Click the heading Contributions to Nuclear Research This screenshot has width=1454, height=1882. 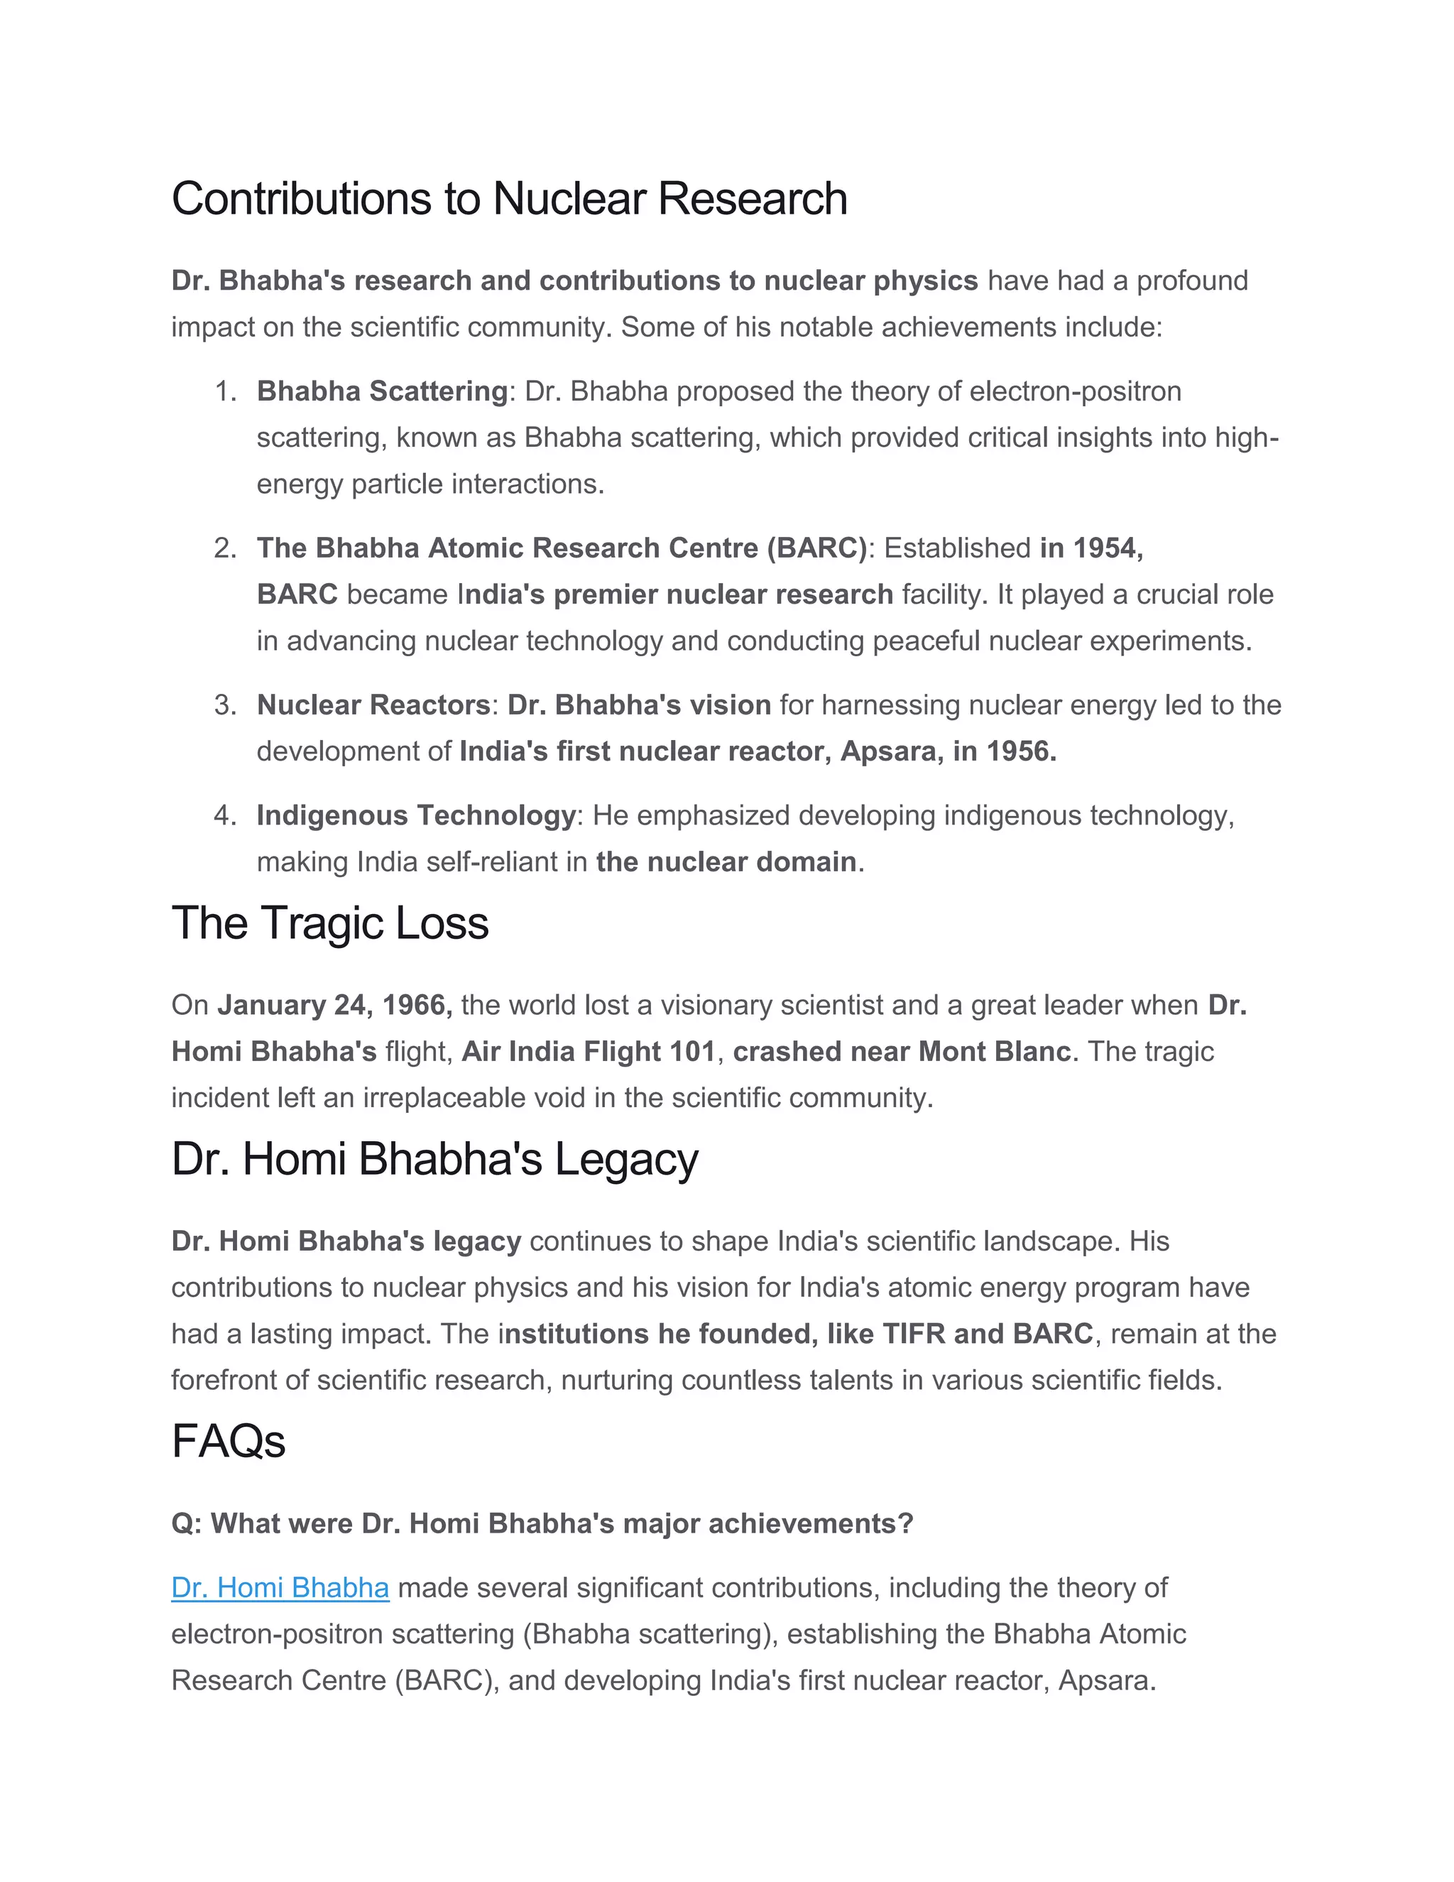(x=509, y=199)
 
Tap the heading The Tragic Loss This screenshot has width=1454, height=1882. (x=330, y=924)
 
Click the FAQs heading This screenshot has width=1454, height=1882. (x=229, y=1442)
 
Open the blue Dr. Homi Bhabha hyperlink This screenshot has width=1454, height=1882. (x=280, y=1587)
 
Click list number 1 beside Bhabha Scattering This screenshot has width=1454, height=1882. (x=225, y=392)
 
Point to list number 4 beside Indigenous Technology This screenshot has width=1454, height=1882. (x=225, y=816)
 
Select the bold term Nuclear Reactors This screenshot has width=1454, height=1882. (x=373, y=706)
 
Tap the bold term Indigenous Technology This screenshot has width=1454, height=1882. (x=416, y=816)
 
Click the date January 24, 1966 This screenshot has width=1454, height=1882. (x=334, y=1006)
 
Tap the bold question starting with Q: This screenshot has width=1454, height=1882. (x=542, y=1523)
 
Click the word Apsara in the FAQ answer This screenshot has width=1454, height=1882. (x=1105, y=1680)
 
